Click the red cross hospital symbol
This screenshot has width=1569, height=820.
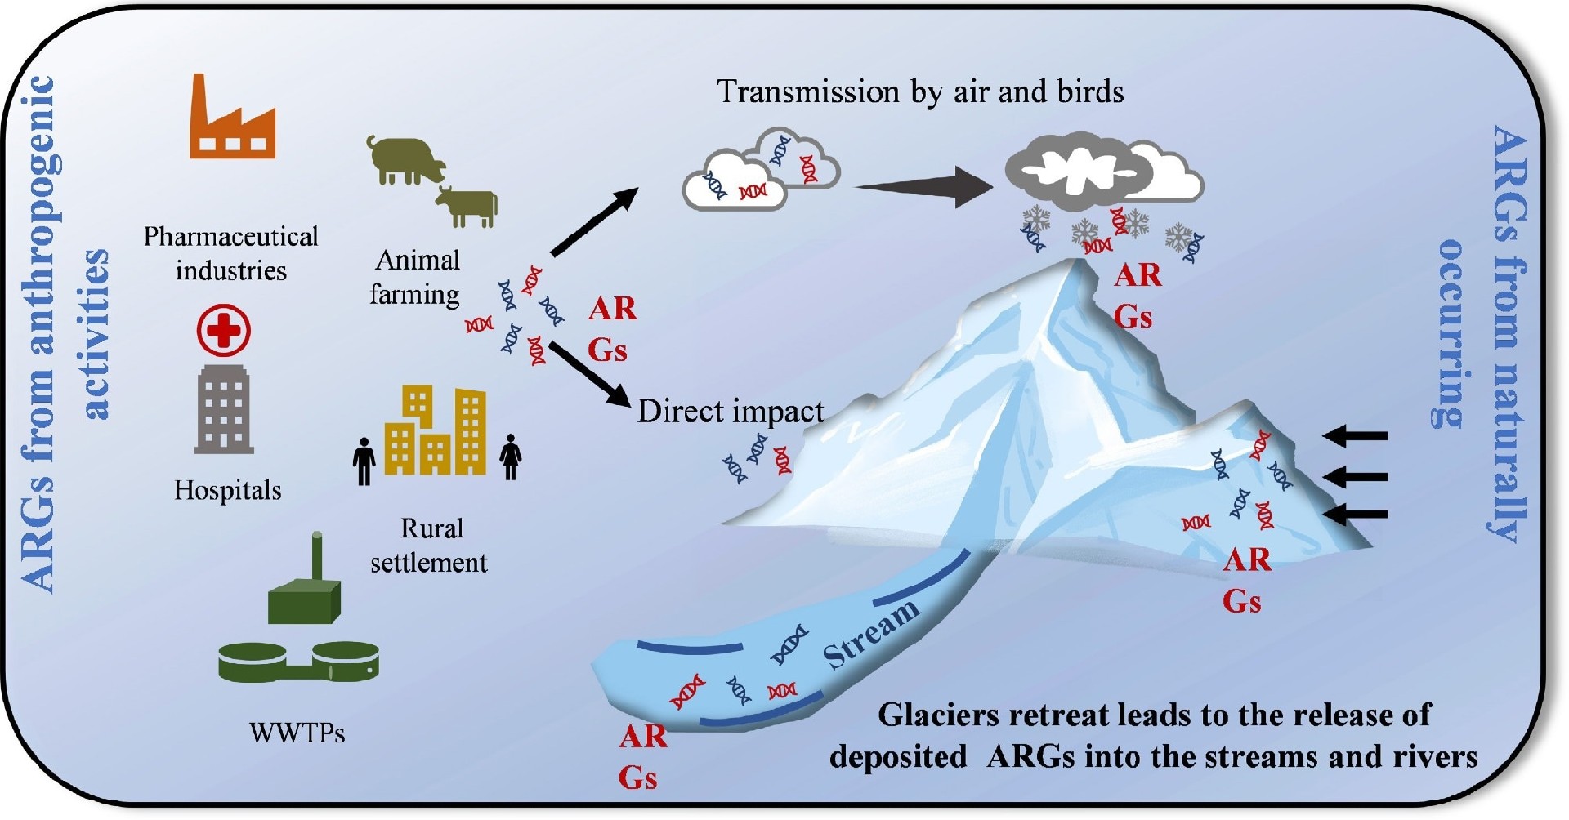pos(224,330)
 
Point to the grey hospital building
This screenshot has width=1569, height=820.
pos(224,409)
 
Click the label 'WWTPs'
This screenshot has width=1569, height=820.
pos(297,732)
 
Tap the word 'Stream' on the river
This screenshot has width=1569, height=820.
pos(869,633)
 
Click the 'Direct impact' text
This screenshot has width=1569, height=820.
pos(730,411)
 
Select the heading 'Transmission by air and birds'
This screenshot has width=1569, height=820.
pos(920,91)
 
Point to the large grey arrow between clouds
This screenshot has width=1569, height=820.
pos(923,187)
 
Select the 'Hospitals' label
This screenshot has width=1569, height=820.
pos(227,490)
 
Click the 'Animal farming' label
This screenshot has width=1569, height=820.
pos(415,277)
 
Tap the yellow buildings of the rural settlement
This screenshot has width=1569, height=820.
pos(435,433)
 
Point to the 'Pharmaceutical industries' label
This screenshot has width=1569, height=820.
pos(231,253)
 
